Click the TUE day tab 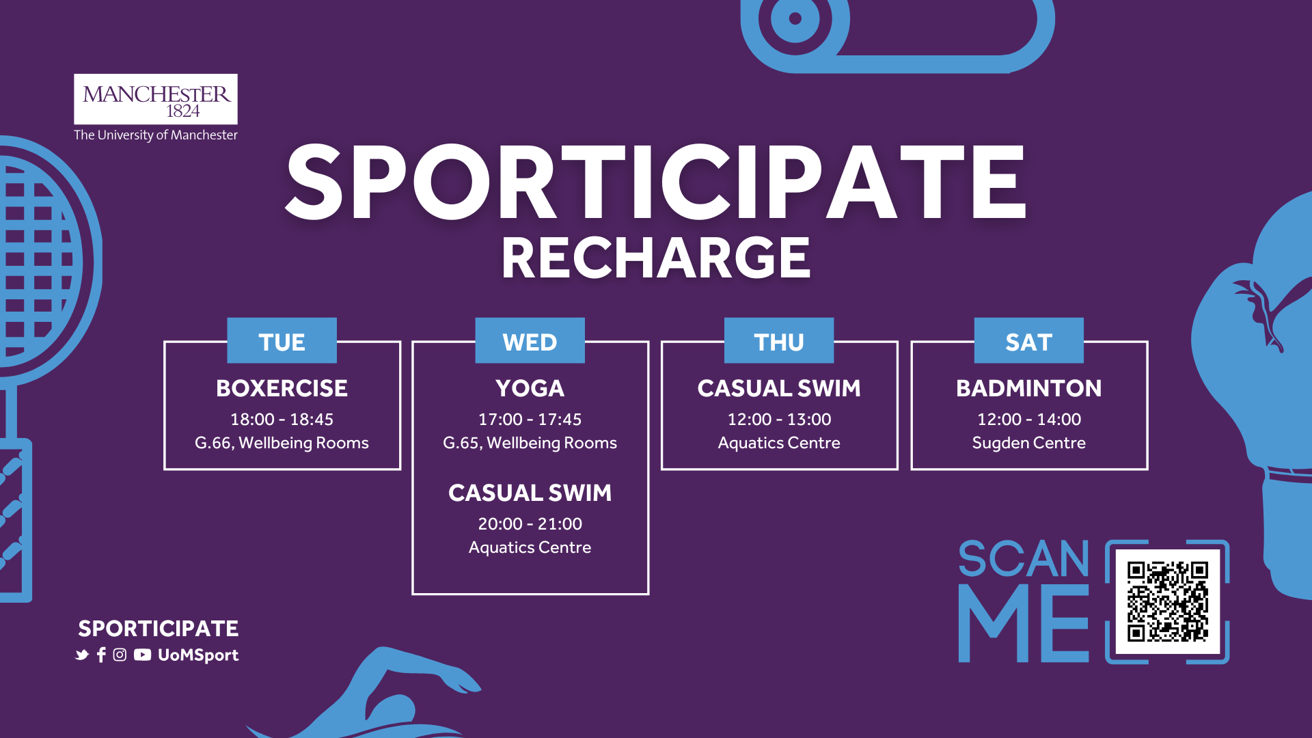pyautogui.click(x=282, y=340)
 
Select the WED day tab pyautogui.click(x=530, y=340)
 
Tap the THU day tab pyautogui.click(x=779, y=340)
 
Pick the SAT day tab pyautogui.click(x=1028, y=340)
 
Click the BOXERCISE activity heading pyautogui.click(x=282, y=388)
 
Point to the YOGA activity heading pyautogui.click(x=530, y=388)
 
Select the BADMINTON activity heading pyautogui.click(x=1028, y=388)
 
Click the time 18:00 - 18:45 pyautogui.click(x=282, y=419)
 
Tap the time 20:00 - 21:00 pyautogui.click(x=530, y=523)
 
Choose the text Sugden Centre pyautogui.click(x=1028, y=443)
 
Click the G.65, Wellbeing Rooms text pyautogui.click(x=530, y=443)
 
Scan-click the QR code pyautogui.click(x=1167, y=601)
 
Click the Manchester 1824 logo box pyautogui.click(x=156, y=99)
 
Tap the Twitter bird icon pyautogui.click(x=82, y=655)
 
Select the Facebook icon pyautogui.click(x=101, y=655)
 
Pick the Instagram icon pyautogui.click(x=120, y=655)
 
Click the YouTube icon pyautogui.click(x=142, y=655)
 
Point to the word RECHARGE pyautogui.click(x=656, y=258)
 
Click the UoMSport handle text pyautogui.click(x=198, y=655)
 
